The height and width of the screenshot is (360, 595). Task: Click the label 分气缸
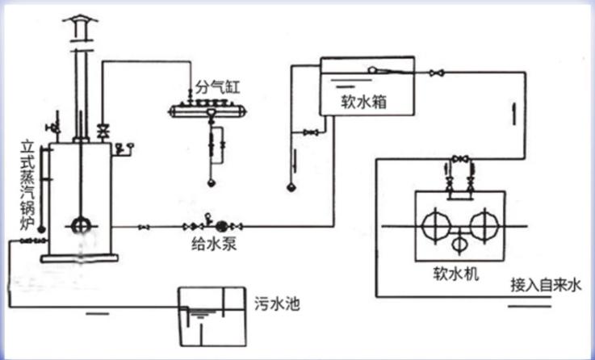[x=213, y=85]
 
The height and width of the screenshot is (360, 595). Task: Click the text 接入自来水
[x=546, y=284]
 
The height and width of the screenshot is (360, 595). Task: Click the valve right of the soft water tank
[x=437, y=73]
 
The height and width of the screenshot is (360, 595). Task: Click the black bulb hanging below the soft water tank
[x=291, y=187]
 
